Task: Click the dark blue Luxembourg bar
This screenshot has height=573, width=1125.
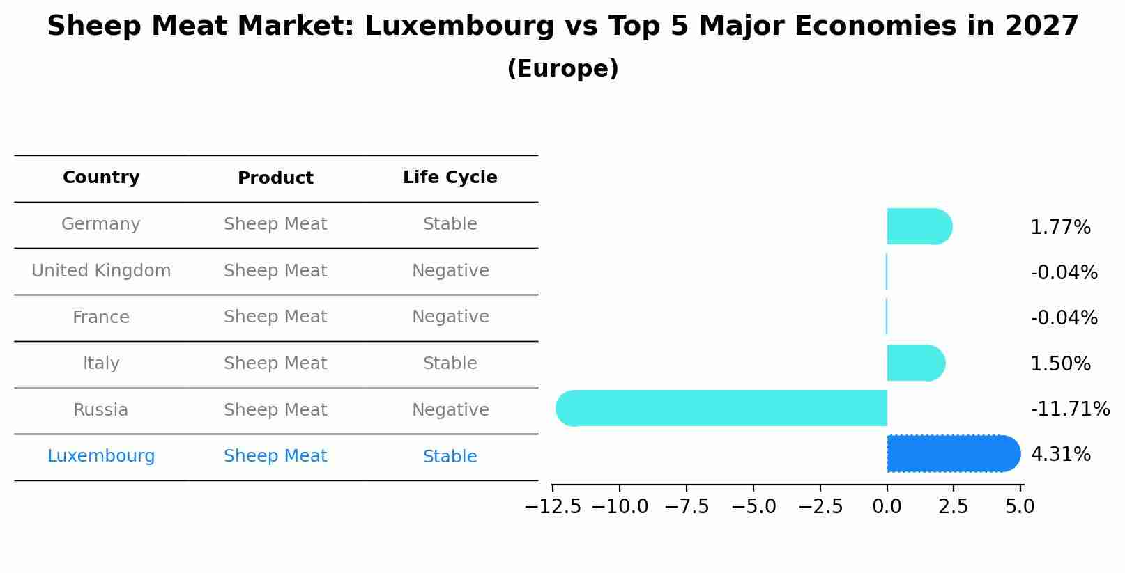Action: (952, 454)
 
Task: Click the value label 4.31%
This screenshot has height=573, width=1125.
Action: (1060, 455)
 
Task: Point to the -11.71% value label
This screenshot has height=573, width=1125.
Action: (1070, 409)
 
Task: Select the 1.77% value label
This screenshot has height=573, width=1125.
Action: (1060, 228)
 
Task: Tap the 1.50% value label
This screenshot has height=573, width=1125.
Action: (1060, 364)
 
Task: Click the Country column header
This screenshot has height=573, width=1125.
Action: (101, 178)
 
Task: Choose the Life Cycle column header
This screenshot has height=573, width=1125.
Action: (450, 178)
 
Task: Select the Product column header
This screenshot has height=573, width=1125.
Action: (275, 178)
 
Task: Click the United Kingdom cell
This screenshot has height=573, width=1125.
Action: (101, 271)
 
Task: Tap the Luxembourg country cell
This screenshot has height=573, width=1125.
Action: (101, 456)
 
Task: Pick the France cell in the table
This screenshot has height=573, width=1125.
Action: (101, 317)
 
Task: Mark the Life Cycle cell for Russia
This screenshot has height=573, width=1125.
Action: (450, 410)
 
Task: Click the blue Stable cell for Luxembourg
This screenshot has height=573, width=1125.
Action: (450, 457)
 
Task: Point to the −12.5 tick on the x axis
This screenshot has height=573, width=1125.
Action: (553, 507)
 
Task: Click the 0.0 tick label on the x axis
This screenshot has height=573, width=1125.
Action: (887, 507)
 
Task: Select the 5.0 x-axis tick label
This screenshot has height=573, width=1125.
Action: (1020, 507)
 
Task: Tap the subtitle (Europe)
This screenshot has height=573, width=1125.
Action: (562, 69)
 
